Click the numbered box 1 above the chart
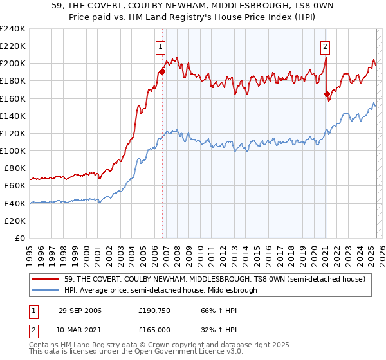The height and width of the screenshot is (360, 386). coord(160,46)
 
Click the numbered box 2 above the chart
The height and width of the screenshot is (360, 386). coord(326,46)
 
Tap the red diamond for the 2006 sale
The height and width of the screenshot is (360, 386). coord(162,71)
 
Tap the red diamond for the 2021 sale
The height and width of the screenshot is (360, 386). coord(327,94)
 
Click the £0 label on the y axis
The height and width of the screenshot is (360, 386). coord(19,238)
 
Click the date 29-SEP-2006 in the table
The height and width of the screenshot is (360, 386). coord(84,310)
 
